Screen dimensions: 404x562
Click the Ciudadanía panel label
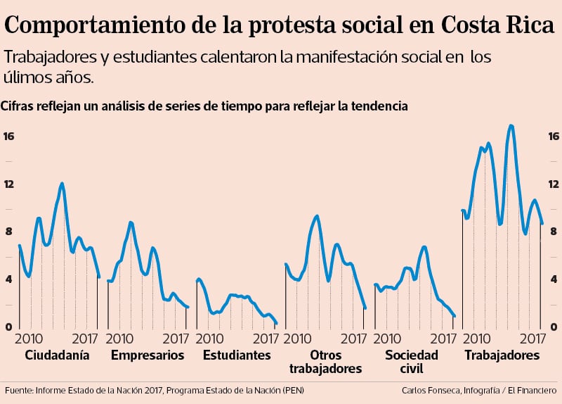pos(57,355)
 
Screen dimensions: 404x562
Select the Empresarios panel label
pos(148,355)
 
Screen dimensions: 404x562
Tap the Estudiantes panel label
pos(237,355)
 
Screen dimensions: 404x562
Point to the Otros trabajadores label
pos(325,362)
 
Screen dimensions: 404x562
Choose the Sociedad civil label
pos(412,362)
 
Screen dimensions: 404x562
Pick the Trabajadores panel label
pos(502,355)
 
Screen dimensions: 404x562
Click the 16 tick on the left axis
pos(8,136)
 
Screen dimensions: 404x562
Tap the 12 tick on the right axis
pos(554,184)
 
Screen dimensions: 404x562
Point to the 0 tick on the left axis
pos(8,327)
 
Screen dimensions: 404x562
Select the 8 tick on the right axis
pos(554,232)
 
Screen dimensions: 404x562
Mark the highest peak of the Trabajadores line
pos(511,126)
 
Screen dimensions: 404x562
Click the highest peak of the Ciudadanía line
pos(62,184)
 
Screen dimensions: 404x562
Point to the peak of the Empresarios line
pos(131,222)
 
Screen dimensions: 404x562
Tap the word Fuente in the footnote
pos(20,390)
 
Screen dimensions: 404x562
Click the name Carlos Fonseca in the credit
pos(431,390)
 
